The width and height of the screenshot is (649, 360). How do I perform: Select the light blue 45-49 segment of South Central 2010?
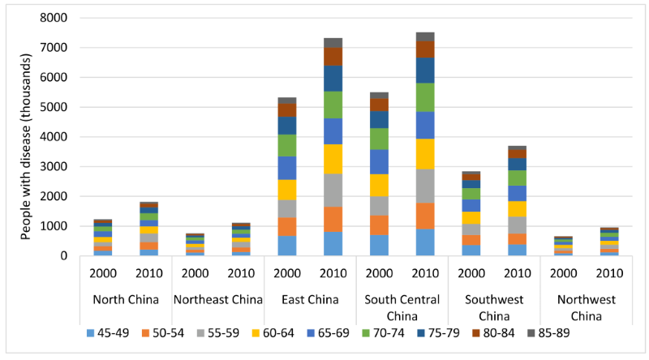(x=425, y=242)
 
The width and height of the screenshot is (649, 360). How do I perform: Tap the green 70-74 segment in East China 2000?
(x=287, y=145)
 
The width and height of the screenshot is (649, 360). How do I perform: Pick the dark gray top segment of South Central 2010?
(x=425, y=36)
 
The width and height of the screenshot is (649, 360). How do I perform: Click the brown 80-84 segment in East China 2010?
(x=333, y=56)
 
